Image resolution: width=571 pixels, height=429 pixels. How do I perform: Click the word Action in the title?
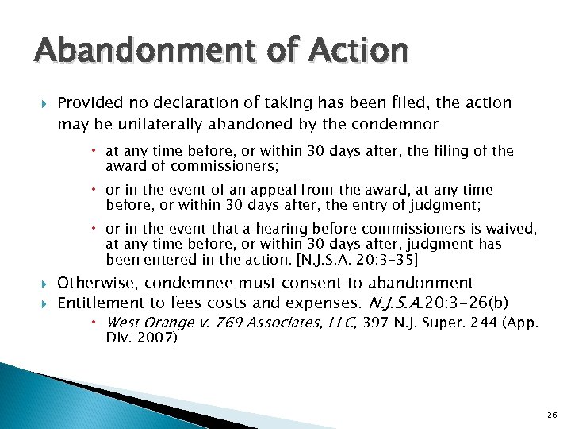click(360, 51)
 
